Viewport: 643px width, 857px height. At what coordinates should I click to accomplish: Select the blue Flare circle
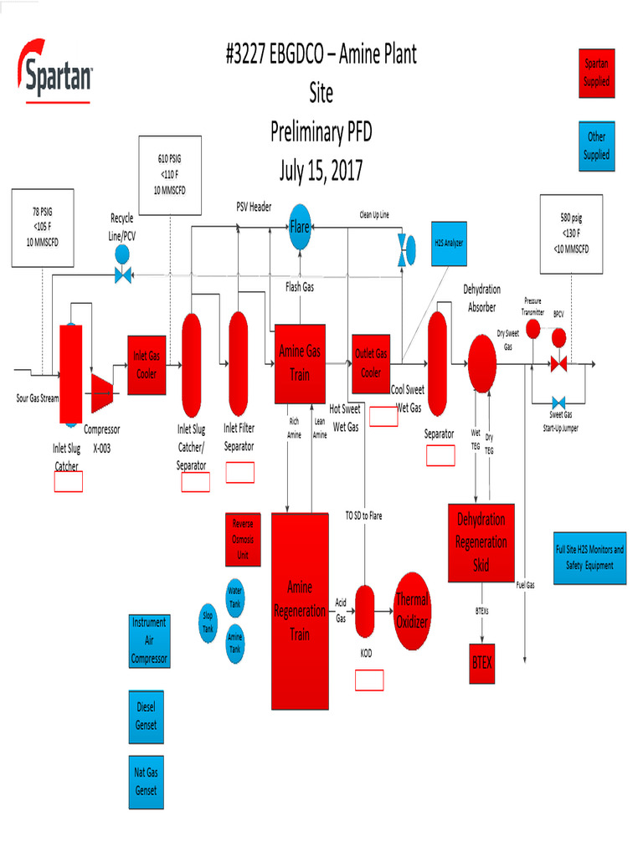[x=301, y=226]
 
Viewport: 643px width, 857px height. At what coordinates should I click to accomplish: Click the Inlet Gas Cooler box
[x=147, y=364]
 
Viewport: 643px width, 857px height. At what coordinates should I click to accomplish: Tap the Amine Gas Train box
[x=300, y=364]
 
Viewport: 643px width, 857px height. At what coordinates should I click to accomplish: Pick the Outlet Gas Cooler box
[x=371, y=363]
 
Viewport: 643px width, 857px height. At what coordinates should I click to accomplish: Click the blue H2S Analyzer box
[x=449, y=243]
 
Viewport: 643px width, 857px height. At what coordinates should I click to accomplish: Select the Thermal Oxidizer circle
[x=411, y=612]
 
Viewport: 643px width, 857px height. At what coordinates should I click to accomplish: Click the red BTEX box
[x=482, y=662]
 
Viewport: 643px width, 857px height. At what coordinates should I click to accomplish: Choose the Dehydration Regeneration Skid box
[x=481, y=543]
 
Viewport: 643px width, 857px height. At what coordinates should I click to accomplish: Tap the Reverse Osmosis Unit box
[x=243, y=540]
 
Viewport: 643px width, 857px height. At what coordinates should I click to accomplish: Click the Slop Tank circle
[x=208, y=622]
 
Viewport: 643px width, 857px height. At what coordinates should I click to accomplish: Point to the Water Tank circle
[x=235, y=598]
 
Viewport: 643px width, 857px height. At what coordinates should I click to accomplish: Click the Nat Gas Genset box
[x=147, y=782]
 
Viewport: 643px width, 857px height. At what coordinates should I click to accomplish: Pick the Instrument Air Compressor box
[x=149, y=641]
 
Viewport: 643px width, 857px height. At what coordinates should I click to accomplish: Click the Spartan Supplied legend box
[x=597, y=73]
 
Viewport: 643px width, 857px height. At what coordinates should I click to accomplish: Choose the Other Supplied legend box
[x=597, y=146]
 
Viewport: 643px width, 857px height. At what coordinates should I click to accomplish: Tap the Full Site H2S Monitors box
[x=590, y=558]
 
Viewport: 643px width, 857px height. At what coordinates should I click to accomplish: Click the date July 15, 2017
[x=321, y=172]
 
